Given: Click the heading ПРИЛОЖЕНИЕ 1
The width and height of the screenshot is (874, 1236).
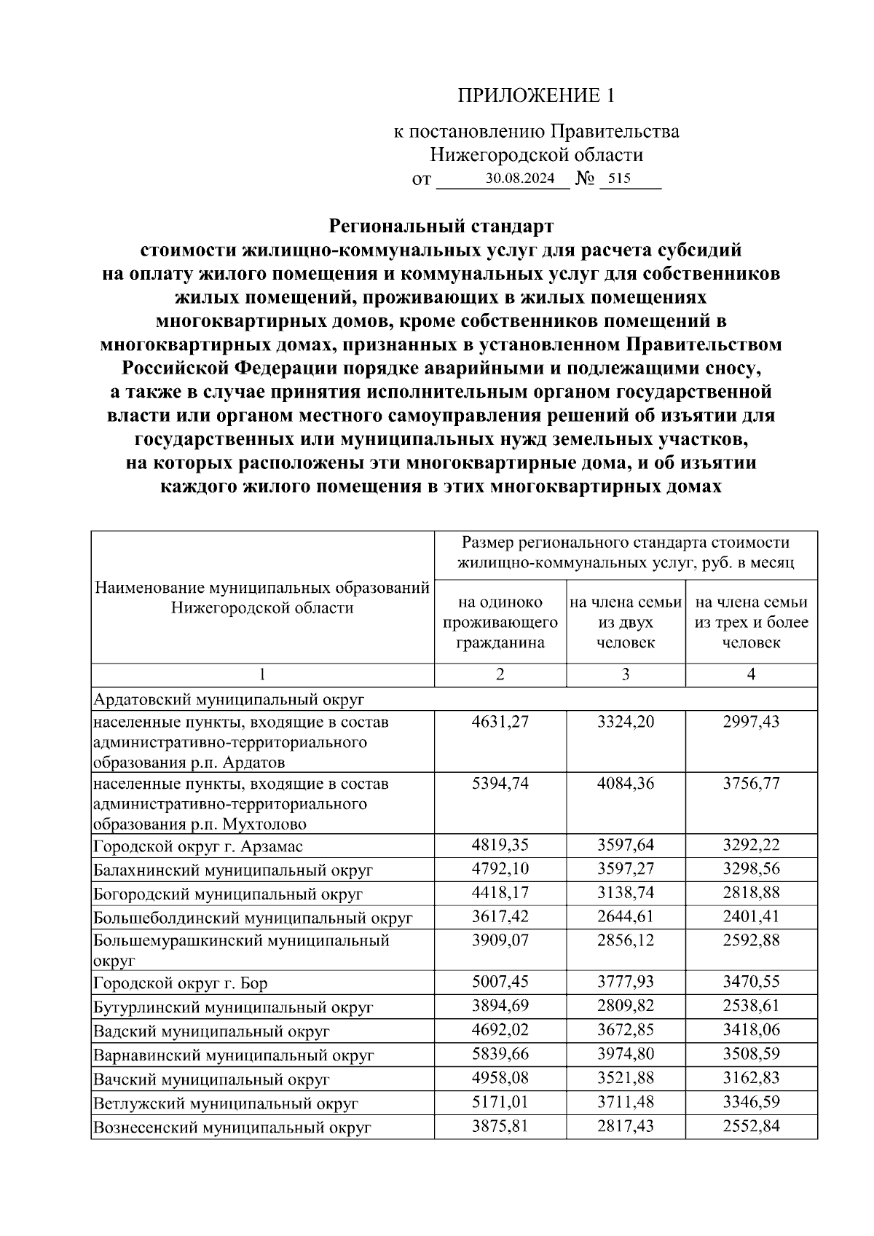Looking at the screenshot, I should point(536,95).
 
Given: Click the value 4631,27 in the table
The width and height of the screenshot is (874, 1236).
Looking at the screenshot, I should point(500,722).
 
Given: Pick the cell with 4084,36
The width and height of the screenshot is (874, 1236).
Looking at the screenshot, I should point(626,784).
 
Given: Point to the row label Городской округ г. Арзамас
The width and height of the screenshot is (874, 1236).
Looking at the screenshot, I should point(198,846).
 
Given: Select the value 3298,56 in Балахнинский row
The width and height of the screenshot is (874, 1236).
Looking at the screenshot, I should point(751,869).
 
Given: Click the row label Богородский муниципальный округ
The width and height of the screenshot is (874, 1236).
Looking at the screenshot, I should point(228,894).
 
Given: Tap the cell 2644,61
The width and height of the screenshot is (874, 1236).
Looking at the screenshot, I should point(626,916).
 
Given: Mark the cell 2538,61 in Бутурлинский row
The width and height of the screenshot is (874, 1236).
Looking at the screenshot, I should point(751,1006).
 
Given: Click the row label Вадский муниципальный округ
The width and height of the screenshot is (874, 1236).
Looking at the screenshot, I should point(211,1031).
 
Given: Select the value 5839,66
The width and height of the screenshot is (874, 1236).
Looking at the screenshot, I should point(500,1054).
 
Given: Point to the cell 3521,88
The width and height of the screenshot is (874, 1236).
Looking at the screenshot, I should point(626,1079).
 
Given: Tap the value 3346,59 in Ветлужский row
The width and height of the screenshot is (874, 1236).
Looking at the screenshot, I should point(751,1103).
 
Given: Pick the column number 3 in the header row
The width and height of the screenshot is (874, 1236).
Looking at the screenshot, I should point(626,674).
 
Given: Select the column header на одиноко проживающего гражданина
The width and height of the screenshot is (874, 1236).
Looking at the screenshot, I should point(500,623).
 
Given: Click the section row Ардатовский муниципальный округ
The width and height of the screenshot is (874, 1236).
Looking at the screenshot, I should point(228,700).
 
